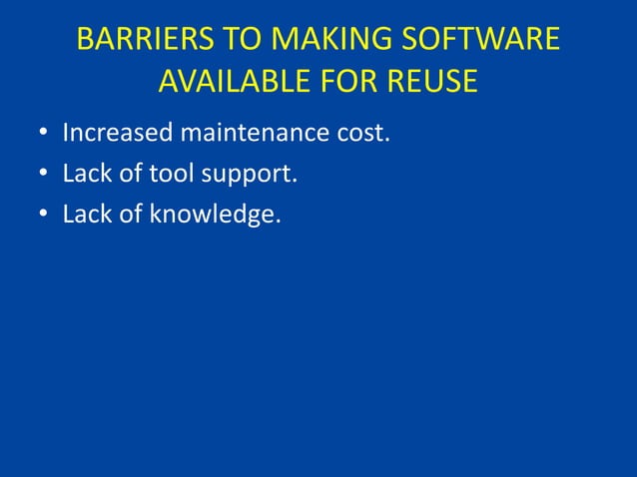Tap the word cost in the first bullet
360,134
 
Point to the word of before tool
131,175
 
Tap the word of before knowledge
131,216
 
